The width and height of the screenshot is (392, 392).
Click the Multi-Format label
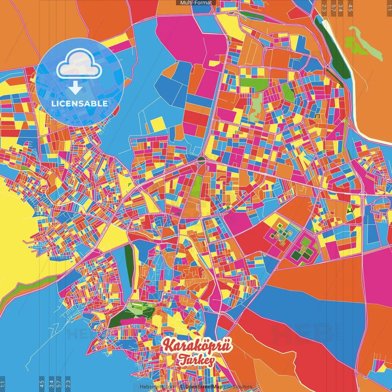click(196, 3)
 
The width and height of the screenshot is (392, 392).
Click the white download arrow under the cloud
click(75, 88)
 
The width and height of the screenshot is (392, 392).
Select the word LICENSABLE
click(80, 104)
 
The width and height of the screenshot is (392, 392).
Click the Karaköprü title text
click(198, 345)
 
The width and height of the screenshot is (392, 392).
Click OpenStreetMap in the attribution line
click(204, 387)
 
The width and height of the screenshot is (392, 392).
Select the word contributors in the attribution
click(238, 387)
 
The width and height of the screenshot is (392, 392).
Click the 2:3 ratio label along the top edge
click(324, 8)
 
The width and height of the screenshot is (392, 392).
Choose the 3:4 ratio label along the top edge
click(341, 8)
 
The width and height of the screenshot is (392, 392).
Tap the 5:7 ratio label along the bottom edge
click(59, 383)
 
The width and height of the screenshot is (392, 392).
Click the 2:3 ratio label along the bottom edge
click(68, 383)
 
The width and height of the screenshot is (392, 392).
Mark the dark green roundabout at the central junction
click(201, 159)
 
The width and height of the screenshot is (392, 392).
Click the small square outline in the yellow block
click(317, 116)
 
